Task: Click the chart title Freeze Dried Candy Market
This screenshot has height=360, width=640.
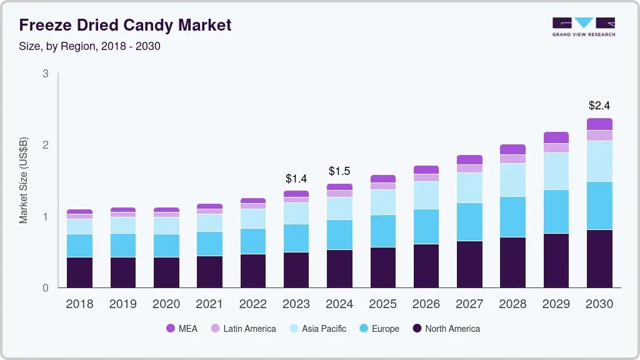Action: tap(125, 25)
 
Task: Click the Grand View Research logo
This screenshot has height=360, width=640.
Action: tap(583, 26)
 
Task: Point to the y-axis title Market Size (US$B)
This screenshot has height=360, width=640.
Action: tap(24, 180)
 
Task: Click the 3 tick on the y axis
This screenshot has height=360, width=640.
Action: tap(46, 74)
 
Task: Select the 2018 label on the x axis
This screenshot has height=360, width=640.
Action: tap(79, 304)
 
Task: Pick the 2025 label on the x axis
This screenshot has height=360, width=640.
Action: tap(382, 304)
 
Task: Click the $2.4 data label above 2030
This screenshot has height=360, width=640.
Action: tap(599, 105)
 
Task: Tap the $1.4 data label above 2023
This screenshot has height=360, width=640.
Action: tap(296, 179)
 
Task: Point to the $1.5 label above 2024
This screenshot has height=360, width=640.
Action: tap(339, 171)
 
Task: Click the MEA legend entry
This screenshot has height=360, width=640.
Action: tap(181, 329)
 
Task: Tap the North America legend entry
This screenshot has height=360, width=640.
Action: tap(446, 329)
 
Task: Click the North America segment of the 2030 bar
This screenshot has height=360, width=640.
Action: tap(599, 259)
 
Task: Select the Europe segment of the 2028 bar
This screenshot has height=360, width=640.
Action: tap(512, 217)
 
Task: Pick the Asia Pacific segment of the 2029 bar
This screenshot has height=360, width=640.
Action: tap(556, 171)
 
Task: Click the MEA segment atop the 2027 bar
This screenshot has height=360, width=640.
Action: tap(469, 159)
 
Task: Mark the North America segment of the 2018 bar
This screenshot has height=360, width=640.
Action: tap(79, 272)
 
